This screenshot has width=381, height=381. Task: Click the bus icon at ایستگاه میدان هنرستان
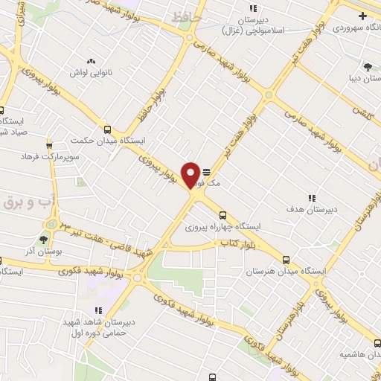[286, 260]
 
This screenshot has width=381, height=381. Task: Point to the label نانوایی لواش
[90, 73]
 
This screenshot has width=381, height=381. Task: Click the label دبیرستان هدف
[312, 209]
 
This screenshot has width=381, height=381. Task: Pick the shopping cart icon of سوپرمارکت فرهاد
[49, 145]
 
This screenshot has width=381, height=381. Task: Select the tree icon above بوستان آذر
[42, 240]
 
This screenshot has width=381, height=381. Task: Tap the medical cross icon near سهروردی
[362, 16]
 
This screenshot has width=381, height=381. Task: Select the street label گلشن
[361, 112]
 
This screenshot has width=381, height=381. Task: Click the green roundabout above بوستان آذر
[51, 223]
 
